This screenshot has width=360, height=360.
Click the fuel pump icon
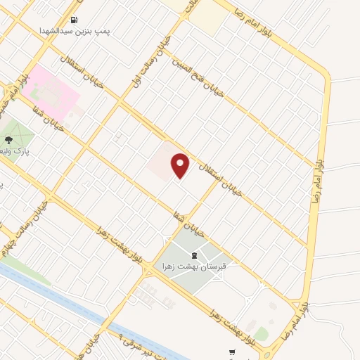[75, 20]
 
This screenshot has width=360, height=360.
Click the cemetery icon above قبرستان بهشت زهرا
[195, 257]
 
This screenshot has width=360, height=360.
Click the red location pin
[181, 165]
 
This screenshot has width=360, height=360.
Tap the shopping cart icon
[232, 352]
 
